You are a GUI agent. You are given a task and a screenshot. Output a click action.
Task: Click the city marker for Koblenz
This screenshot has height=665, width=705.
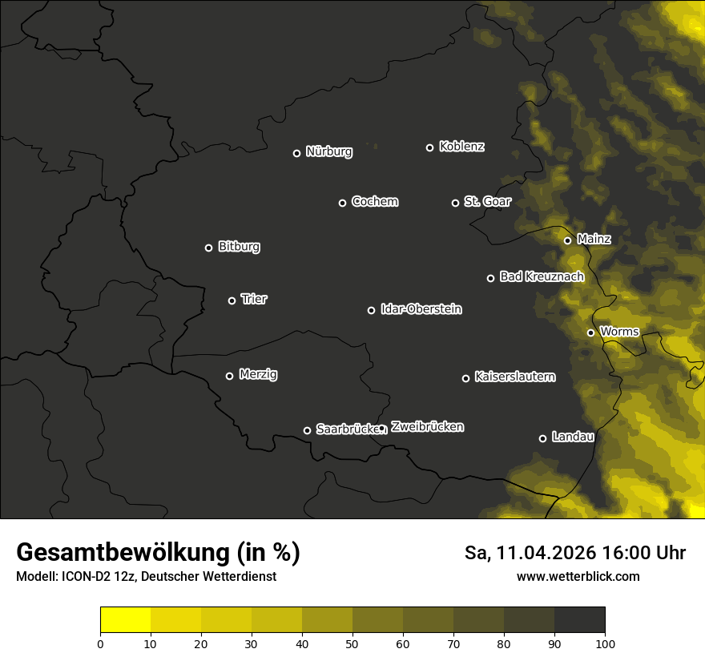click(x=429, y=147)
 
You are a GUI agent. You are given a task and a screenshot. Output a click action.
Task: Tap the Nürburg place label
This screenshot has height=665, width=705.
click(x=329, y=151)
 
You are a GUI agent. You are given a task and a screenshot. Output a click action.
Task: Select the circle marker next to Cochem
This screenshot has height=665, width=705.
click(x=342, y=203)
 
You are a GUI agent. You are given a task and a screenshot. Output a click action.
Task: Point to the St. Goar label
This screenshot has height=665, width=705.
click(x=487, y=202)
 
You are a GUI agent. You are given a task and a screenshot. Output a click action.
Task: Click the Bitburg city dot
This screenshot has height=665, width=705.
click(x=208, y=248)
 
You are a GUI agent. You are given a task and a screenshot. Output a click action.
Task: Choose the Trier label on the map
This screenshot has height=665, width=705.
click(x=254, y=299)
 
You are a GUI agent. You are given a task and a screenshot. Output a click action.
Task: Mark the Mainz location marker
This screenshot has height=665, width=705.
click(x=567, y=240)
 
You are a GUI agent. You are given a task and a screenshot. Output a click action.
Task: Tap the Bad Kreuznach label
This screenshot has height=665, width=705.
click(x=542, y=276)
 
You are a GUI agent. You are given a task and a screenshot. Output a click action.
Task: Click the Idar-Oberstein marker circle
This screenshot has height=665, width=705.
click(x=371, y=310)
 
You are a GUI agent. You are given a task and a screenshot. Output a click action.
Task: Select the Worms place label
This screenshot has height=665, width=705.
click(x=619, y=331)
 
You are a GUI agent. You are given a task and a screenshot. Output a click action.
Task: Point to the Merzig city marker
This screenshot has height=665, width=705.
click(x=229, y=376)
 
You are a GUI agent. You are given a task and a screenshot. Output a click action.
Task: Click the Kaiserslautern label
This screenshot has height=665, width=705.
click(x=514, y=377)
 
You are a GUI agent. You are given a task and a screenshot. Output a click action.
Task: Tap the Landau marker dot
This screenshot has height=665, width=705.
click(x=542, y=438)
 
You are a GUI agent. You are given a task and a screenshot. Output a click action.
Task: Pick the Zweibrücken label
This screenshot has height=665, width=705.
click(x=427, y=427)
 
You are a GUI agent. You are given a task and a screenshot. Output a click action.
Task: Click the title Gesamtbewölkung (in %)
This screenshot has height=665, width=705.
click(x=158, y=552)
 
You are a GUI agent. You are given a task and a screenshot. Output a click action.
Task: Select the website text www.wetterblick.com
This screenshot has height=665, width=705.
click(x=578, y=576)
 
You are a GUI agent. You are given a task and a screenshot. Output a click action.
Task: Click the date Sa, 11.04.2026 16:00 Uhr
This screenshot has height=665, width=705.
click(x=574, y=553)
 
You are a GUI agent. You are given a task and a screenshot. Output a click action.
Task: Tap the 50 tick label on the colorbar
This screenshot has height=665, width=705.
click(x=352, y=643)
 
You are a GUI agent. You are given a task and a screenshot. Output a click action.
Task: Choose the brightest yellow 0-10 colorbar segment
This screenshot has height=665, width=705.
click(x=126, y=620)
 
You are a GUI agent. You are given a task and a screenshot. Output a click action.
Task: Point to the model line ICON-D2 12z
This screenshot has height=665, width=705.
click(x=146, y=577)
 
